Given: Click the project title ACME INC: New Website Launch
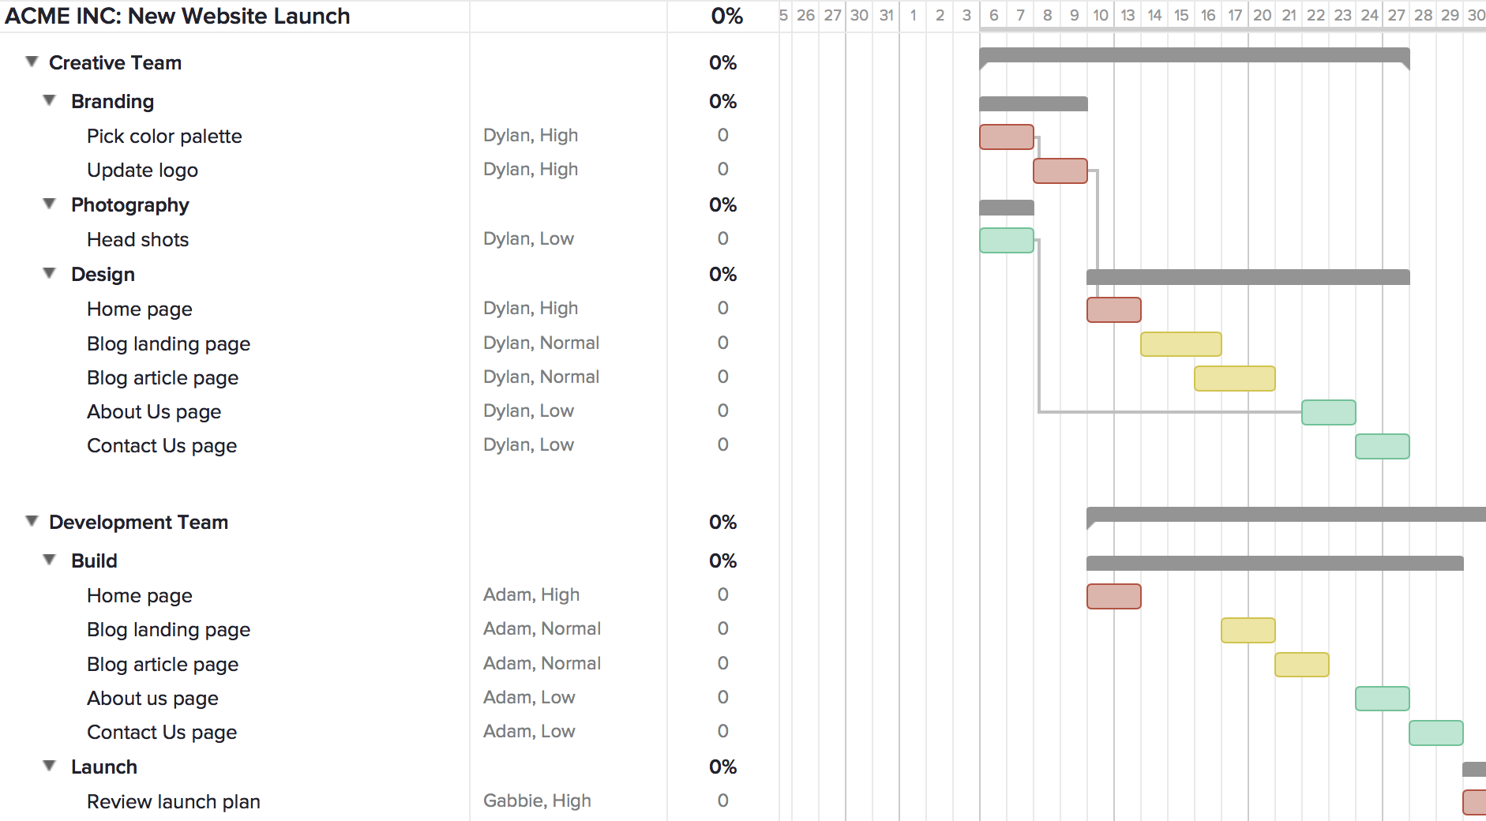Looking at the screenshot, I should point(178,16).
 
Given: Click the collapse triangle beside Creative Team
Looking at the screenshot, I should point(32,62).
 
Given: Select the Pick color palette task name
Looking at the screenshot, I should point(164,136).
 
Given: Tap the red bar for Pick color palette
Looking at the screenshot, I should point(1006,137).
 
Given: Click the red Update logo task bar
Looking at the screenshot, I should point(1060,171).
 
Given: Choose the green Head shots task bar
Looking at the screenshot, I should point(1006,240).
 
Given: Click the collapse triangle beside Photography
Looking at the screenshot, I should point(49,204).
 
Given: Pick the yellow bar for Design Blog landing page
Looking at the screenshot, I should point(1180,344).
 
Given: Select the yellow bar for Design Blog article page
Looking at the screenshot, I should point(1234,378).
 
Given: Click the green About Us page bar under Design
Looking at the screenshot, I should point(1328,412).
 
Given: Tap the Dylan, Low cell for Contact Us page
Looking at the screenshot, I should point(528,445).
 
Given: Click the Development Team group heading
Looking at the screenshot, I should point(138,522).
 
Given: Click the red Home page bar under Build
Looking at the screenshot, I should point(1113,596).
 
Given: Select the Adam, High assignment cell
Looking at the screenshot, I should point(531,594).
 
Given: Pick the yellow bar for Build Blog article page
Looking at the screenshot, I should point(1301,665).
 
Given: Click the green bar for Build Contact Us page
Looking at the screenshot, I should point(1435,733).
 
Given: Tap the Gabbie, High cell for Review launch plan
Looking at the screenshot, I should point(537,800).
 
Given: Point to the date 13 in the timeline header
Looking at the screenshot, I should point(1128,15).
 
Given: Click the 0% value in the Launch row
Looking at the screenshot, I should point(722,767).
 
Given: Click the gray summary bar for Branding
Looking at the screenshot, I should point(1033,103).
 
